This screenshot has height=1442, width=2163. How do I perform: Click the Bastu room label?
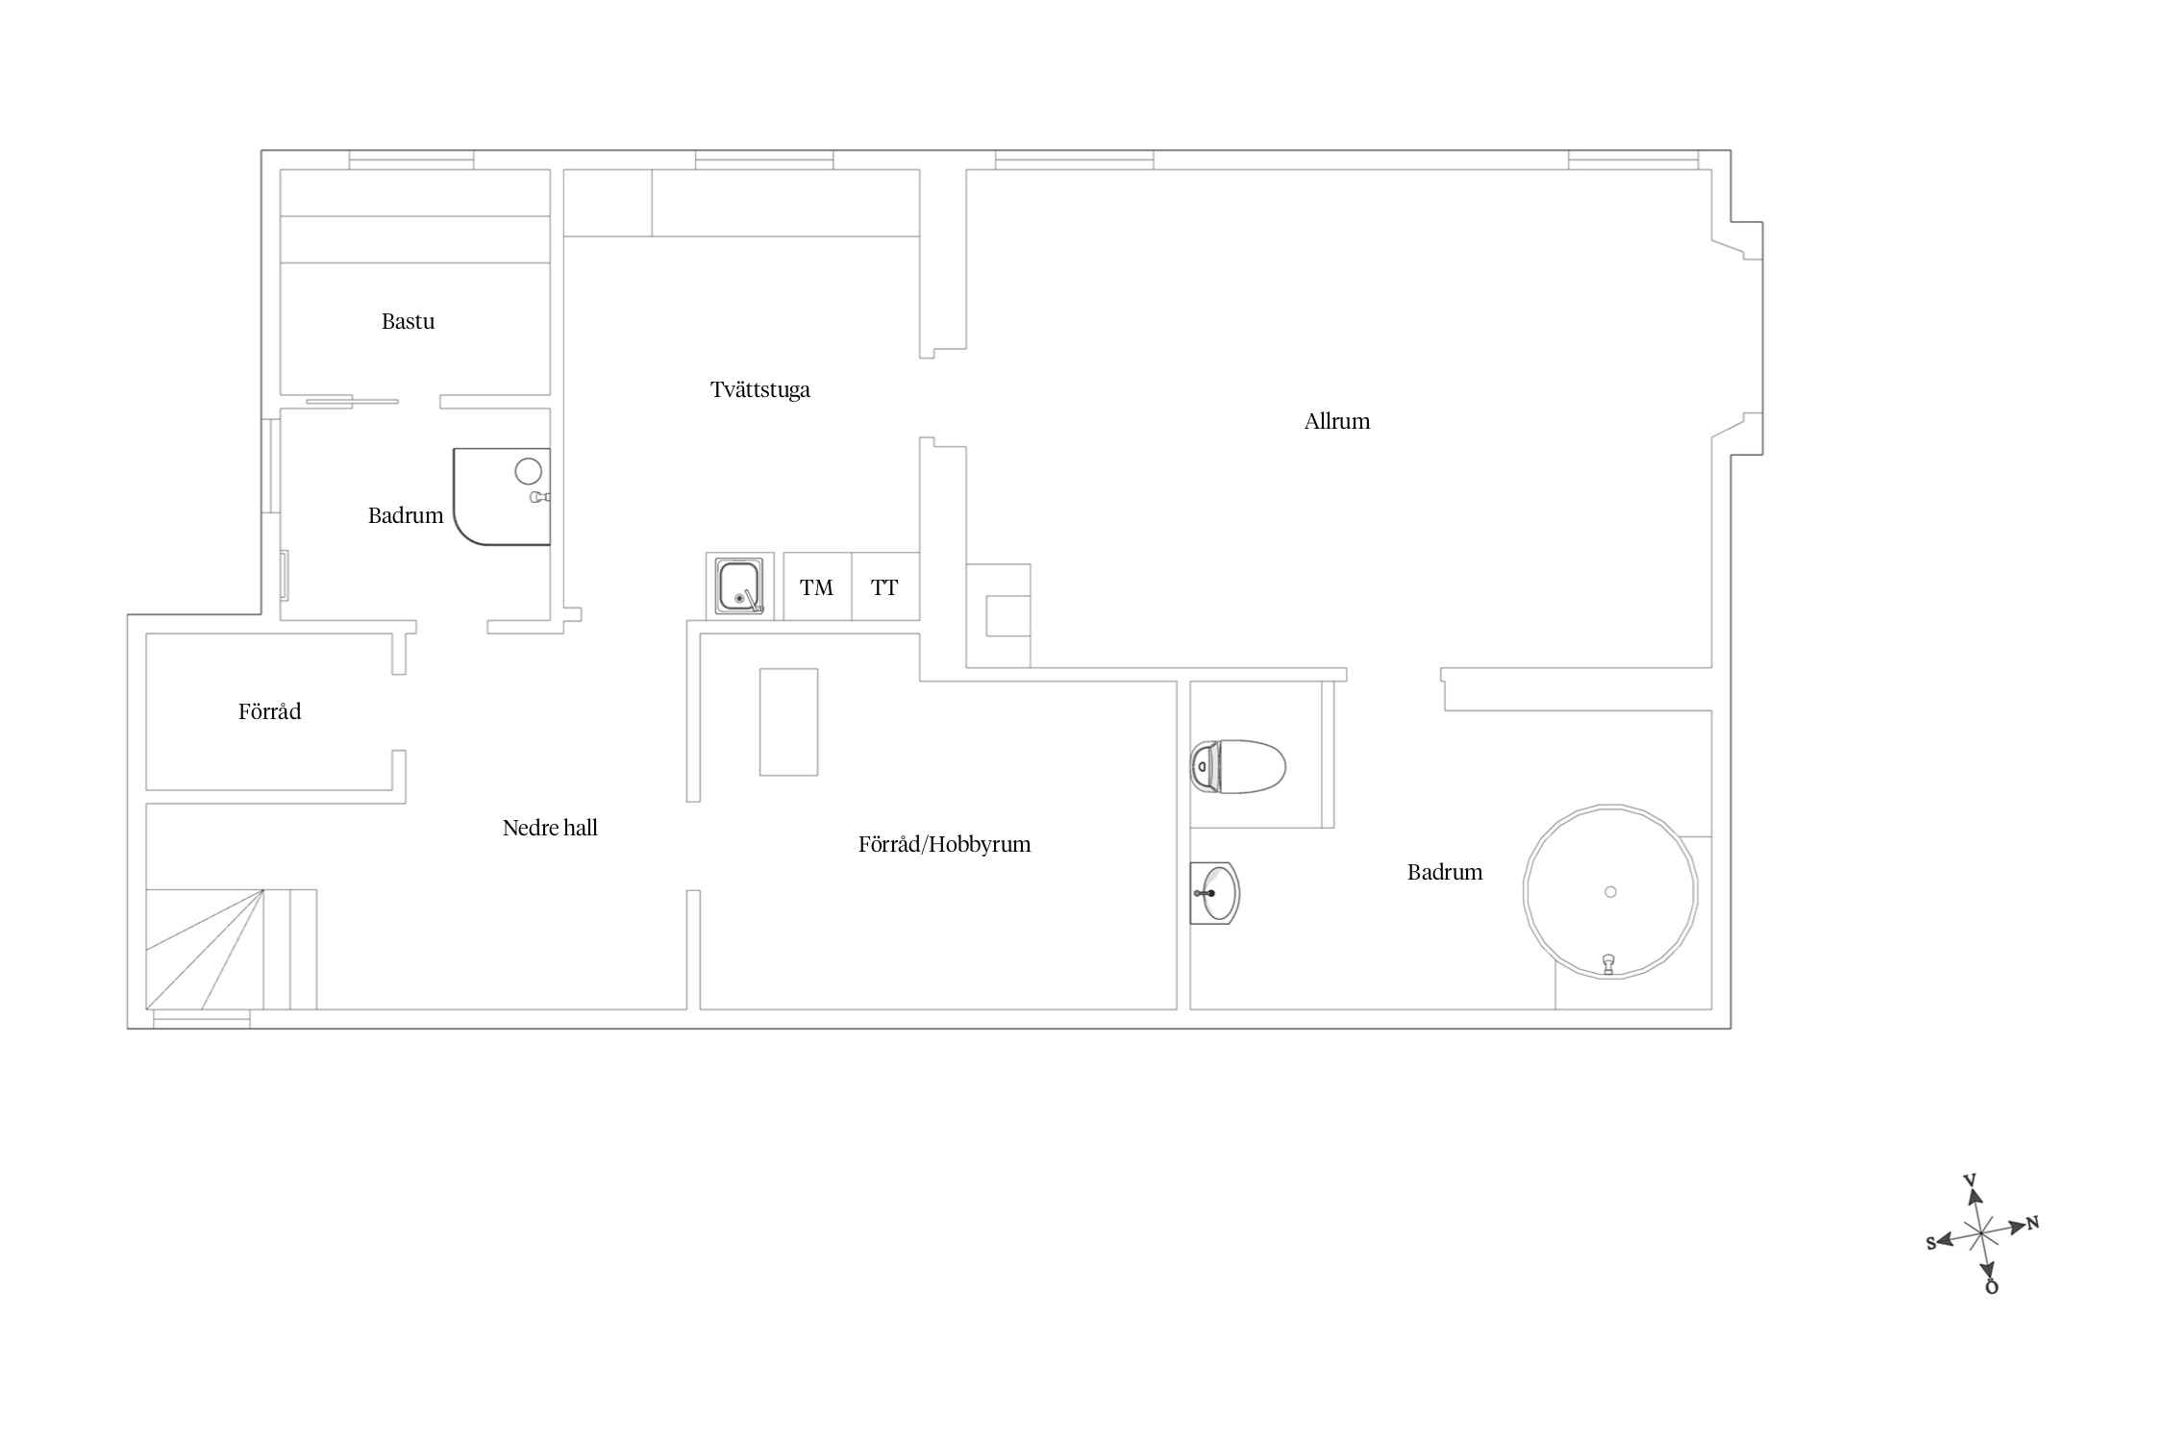click(408, 321)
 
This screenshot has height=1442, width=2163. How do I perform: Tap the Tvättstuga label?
click(759, 389)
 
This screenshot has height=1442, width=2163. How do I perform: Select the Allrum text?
click(1336, 421)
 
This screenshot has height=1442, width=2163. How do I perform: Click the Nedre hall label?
click(550, 828)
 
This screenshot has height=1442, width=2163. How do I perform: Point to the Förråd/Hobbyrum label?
click(944, 844)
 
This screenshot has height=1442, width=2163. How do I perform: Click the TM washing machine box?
click(817, 586)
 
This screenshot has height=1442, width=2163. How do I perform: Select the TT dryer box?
click(885, 586)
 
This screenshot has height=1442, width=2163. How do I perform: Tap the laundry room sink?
click(740, 586)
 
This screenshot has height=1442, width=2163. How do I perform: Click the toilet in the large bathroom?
click(1238, 766)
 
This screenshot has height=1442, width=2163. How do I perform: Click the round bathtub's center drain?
click(1610, 892)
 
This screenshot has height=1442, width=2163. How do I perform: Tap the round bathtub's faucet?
click(1607, 963)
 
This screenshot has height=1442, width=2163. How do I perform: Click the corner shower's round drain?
click(528, 471)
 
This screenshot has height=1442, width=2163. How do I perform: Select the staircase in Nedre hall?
click(232, 950)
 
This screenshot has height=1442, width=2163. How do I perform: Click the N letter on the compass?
click(2032, 1224)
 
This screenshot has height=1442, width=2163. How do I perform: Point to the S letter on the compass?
click(1931, 1243)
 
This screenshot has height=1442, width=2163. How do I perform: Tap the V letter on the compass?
click(1969, 1181)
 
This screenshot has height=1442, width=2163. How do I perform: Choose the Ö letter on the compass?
click(1992, 1286)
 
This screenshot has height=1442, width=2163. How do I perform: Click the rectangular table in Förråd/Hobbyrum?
click(788, 722)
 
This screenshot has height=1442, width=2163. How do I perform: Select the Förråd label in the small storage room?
click(269, 711)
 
